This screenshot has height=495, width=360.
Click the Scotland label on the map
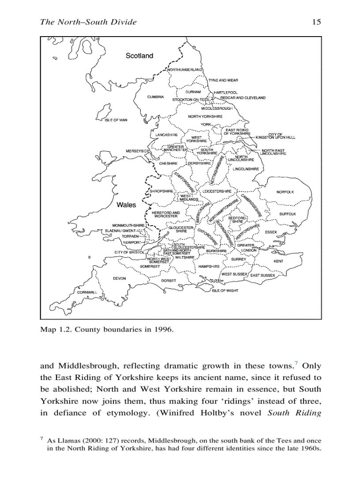point(139,56)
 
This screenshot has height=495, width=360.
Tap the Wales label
point(126,205)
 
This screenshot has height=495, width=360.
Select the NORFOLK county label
point(285,192)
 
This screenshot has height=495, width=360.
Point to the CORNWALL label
point(87,292)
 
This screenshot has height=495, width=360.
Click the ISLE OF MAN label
point(116,120)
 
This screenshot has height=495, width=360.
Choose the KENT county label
point(278,261)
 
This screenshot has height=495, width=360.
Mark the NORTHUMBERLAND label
point(185,70)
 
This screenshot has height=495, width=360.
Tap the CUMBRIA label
point(155,97)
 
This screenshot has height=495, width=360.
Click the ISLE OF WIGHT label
point(225,291)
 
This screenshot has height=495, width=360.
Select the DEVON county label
point(120,279)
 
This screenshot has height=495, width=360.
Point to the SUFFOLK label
point(288,214)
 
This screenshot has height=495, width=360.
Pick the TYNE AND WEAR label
point(223,80)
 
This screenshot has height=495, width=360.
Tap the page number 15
point(316,22)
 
